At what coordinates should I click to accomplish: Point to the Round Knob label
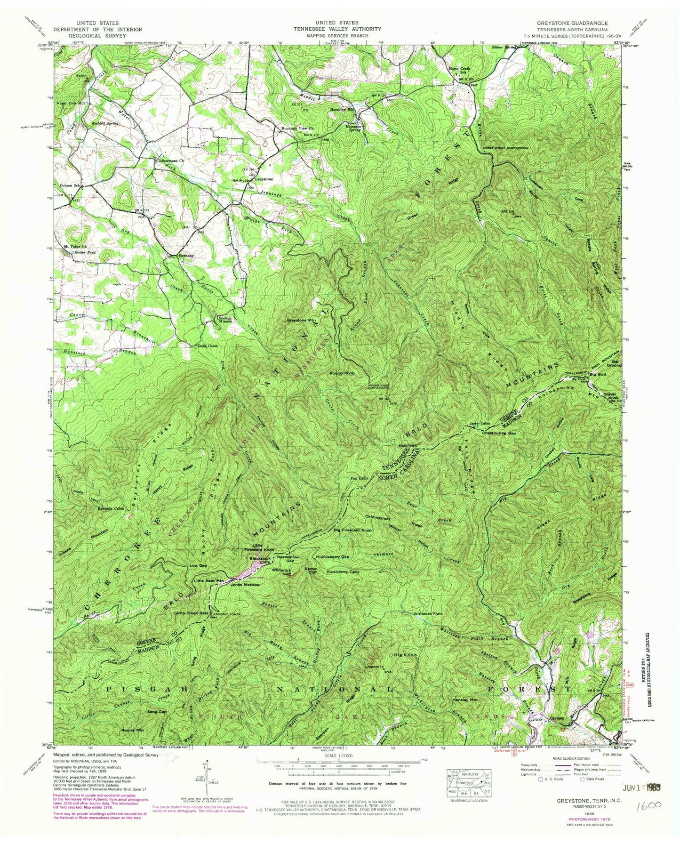(342, 373)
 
